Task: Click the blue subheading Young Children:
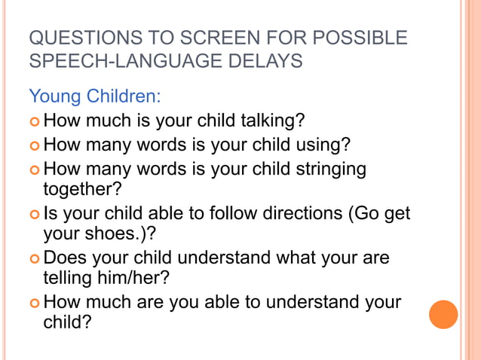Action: (95, 96)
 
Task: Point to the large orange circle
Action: (443, 314)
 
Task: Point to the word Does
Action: (66, 258)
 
